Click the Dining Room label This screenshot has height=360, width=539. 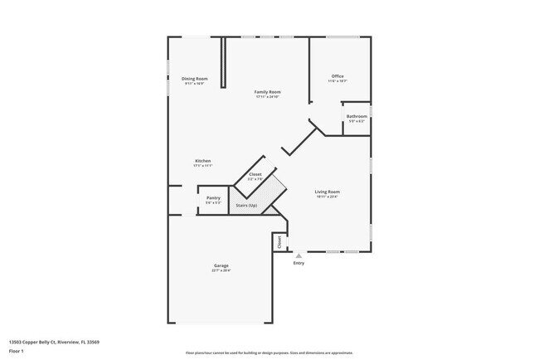point(195,78)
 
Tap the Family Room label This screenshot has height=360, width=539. point(267,91)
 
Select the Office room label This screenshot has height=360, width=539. point(337,75)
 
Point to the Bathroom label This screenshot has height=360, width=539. point(357,116)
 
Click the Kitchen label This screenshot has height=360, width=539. point(203,160)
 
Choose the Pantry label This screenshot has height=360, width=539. point(213,198)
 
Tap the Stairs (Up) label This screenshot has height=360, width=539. point(247,205)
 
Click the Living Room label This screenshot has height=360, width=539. point(327,192)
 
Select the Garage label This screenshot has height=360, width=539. point(221,265)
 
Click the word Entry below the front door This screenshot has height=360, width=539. point(299,263)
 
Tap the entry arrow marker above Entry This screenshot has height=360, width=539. point(299,255)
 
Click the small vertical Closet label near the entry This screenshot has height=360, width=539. point(279,241)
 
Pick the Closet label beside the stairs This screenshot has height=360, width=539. point(255,174)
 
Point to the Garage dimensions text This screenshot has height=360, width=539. point(221,270)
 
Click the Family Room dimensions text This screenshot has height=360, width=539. point(267,97)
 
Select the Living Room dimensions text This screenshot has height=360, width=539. point(327,197)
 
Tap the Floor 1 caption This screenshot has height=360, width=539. point(17,351)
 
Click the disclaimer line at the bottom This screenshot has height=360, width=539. point(269,353)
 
